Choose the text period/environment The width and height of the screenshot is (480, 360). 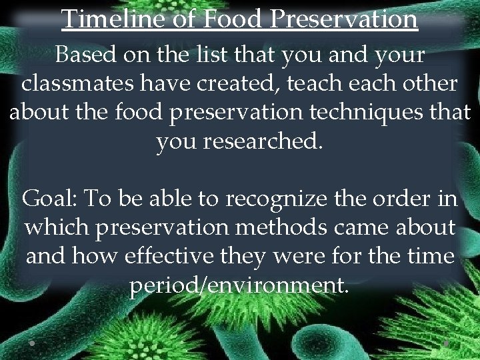(239, 285)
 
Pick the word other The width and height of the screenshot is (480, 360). (425, 84)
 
